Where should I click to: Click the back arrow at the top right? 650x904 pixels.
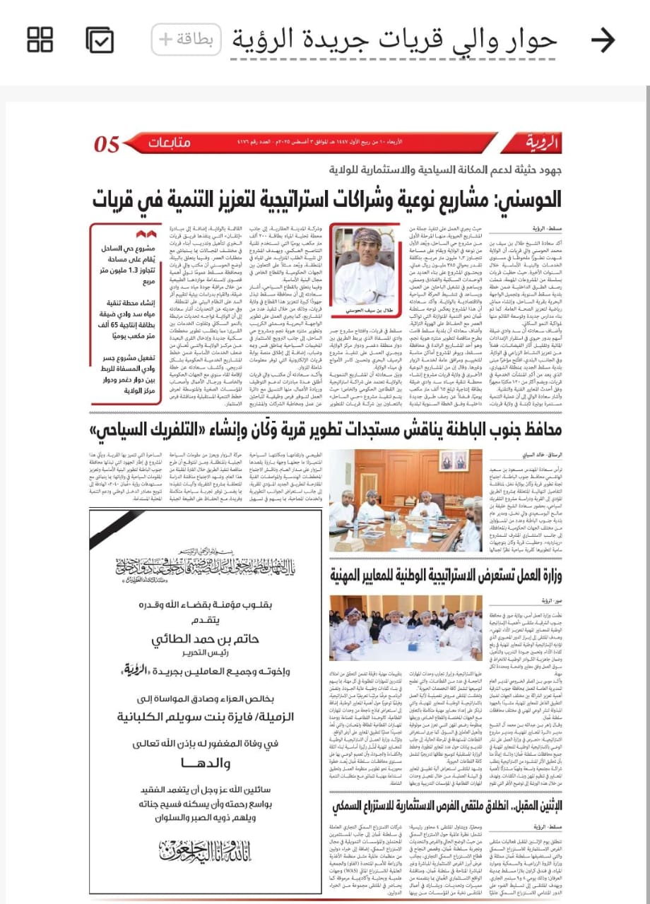point(603,40)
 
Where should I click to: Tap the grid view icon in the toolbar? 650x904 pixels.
point(40,40)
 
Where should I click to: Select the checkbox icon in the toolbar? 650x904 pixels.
point(100,40)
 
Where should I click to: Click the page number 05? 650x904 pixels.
point(107,144)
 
